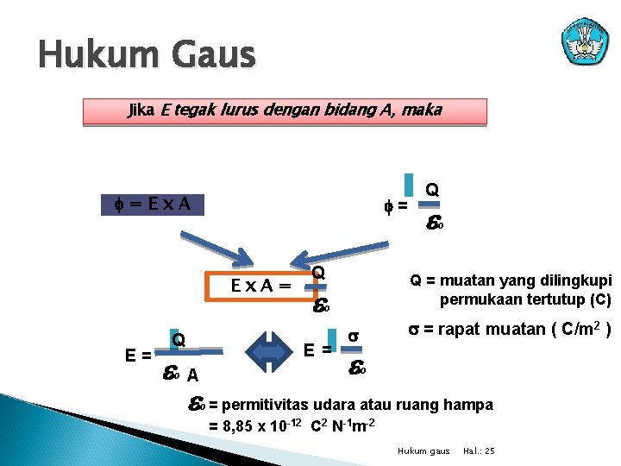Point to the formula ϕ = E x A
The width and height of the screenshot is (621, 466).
point(146,205)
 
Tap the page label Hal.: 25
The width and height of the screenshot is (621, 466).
point(480,451)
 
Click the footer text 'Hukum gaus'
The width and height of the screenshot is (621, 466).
point(423,451)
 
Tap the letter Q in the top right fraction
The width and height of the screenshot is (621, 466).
point(432,189)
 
